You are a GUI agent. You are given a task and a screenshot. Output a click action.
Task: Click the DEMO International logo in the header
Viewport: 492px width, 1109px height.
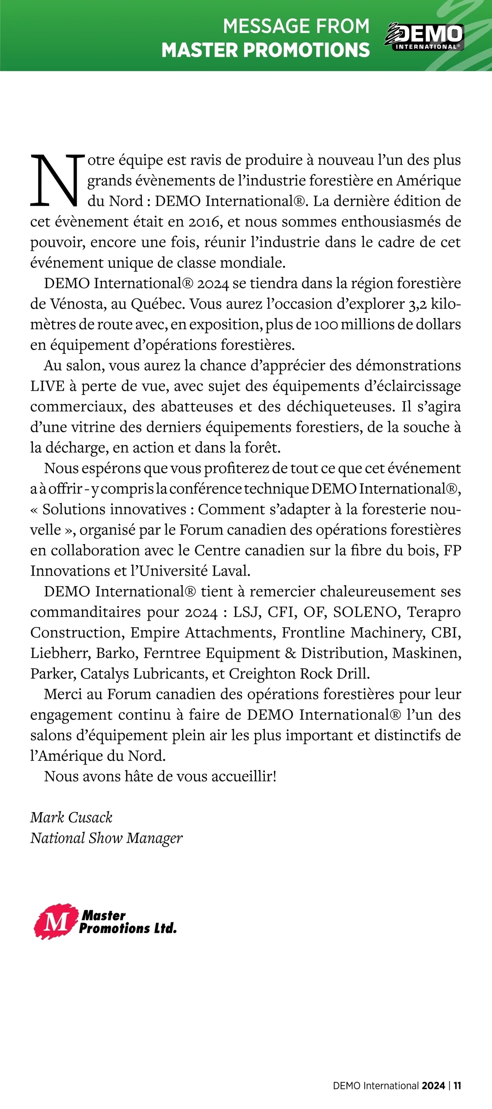(424, 37)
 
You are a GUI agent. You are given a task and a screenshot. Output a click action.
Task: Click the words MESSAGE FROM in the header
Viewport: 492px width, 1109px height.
(296, 26)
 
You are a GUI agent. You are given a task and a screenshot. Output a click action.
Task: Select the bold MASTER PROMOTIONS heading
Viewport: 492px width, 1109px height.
(266, 50)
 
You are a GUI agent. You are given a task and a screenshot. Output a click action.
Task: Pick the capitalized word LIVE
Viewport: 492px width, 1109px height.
(47, 386)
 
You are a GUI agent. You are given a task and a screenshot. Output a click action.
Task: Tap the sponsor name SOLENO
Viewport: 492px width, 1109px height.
(365, 612)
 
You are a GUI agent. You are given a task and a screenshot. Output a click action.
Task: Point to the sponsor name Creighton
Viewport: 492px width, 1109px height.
(262, 674)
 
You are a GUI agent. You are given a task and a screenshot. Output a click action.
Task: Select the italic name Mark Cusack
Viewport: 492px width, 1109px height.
(71, 818)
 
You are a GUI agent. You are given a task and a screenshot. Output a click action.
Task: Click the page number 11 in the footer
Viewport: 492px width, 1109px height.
(457, 1086)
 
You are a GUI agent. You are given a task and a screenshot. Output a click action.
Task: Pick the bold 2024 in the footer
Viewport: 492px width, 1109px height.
(433, 1086)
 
